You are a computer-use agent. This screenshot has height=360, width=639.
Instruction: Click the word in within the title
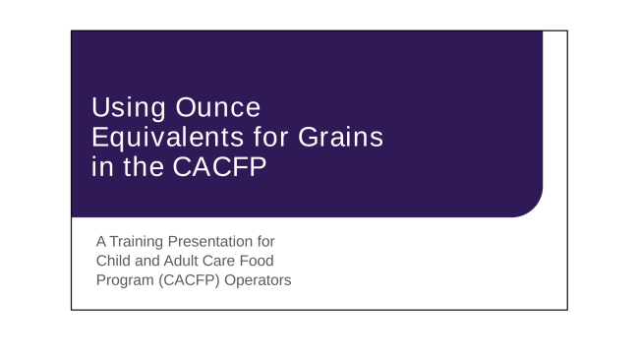[x=100, y=166]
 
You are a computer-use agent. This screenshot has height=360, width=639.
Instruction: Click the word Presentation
[x=217, y=241]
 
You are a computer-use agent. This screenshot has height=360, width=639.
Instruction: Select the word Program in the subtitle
[x=124, y=280]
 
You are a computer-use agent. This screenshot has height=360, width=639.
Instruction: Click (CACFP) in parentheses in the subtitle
[x=191, y=280]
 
